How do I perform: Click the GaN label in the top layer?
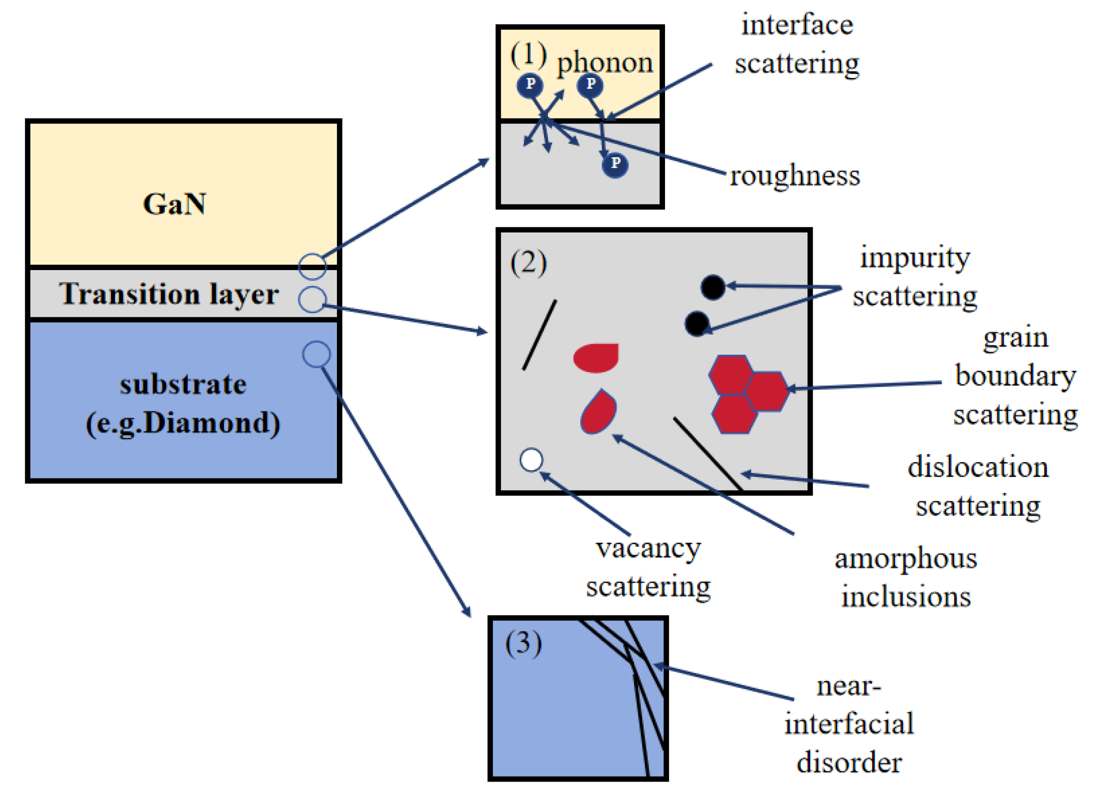coord(174,204)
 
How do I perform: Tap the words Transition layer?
coord(169,294)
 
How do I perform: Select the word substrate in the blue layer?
coord(183,385)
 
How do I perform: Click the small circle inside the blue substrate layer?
coord(316,354)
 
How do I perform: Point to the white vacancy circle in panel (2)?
coord(531,460)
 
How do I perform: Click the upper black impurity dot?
coord(712,287)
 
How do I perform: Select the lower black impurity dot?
coord(696,323)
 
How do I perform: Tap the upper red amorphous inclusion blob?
coord(596,357)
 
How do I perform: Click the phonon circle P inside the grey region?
coord(615,165)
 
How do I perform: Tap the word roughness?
coord(794,176)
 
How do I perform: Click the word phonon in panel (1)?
coord(605,63)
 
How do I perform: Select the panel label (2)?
coord(528,263)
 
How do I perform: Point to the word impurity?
coord(915,258)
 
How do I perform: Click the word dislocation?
coord(978,467)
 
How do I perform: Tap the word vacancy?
coord(648,548)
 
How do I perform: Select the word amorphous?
coord(905,559)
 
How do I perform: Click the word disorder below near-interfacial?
coord(849,762)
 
